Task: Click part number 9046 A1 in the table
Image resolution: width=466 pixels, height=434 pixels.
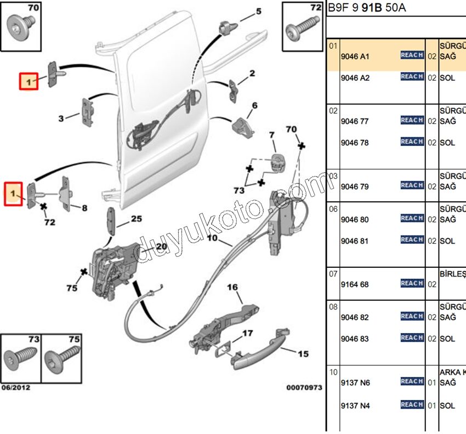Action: pos(355,56)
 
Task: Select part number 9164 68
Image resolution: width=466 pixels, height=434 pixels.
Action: pos(355,284)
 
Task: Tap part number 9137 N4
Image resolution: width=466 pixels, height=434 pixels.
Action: pos(355,406)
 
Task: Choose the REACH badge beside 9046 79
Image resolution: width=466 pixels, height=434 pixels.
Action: pos(412,185)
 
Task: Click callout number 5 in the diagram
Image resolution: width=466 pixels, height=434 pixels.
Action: pos(258,11)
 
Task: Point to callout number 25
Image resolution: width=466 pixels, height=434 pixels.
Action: pos(136,219)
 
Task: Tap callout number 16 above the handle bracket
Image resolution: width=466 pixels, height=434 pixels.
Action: pos(232,287)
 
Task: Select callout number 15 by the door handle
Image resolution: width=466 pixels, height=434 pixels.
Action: pos(303,354)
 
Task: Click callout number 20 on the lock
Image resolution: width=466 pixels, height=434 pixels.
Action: pos(161,246)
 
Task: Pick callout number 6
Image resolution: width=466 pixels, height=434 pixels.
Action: pos(254,105)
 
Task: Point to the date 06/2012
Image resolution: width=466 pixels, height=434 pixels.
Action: pos(15,387)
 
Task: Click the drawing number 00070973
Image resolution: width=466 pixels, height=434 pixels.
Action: pos(304,387)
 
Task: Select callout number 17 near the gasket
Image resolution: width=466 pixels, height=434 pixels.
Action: pos(247,333)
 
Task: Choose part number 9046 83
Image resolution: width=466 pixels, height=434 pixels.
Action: pos(355,339)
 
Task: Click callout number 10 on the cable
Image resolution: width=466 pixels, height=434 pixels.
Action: pos(212,238)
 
